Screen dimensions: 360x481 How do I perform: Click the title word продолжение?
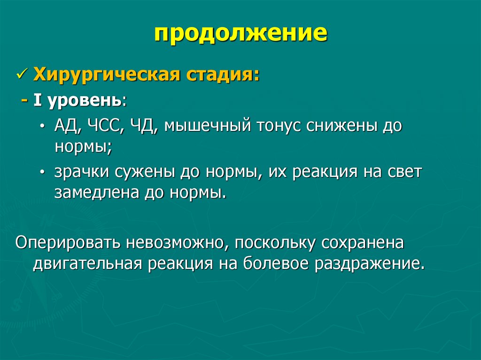(x=240, y=34)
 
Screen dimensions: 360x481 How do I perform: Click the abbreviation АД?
(x=69, y=127)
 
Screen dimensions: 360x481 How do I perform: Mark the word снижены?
(x=341, y=127)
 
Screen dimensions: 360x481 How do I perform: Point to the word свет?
(x=404, y=172)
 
